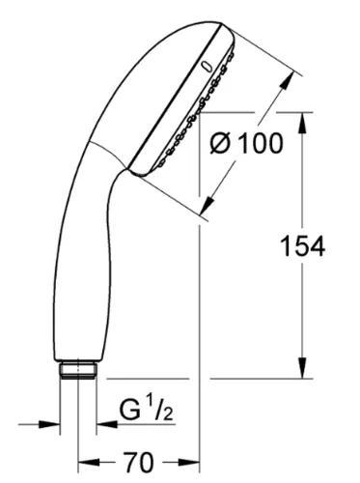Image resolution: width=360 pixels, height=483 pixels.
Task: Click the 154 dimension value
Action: point(302,246)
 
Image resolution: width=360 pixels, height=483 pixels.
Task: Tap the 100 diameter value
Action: point(262,143)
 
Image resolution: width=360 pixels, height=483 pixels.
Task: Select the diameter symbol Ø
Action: point(221,143)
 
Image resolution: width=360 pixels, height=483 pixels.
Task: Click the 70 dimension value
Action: point(139,463)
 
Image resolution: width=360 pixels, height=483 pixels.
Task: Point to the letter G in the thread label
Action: point(130,410)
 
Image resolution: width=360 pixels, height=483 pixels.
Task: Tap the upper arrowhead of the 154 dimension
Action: point(302,123)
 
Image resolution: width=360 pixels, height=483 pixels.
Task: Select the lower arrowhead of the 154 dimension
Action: point(302,368)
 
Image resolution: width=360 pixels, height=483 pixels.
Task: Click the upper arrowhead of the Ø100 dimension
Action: point(287,80)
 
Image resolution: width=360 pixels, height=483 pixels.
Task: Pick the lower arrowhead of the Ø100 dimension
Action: point(208,205)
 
